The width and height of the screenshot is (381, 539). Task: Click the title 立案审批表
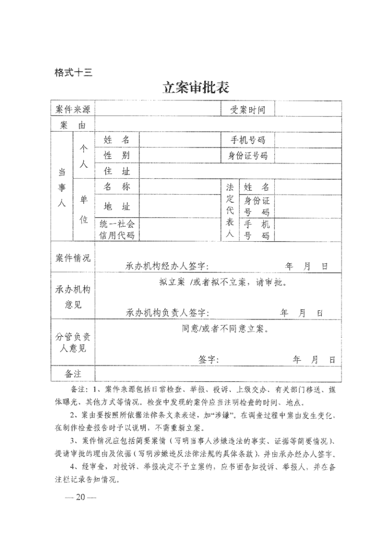(196, 88)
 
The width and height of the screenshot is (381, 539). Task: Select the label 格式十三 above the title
(73, 72)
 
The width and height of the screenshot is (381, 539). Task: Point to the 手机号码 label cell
(247, 140)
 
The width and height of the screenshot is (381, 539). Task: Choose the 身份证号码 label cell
(247, 156)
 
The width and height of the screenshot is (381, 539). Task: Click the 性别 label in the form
(116, 156)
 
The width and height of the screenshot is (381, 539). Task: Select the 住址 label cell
(116, 171)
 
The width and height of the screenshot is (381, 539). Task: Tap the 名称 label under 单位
(116, 187)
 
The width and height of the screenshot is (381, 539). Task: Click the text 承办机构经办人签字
(167, 266)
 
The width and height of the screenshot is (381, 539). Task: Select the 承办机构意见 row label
(73, 297)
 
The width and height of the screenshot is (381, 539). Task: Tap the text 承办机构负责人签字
(167, 313)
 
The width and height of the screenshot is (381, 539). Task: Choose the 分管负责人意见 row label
(73, 343)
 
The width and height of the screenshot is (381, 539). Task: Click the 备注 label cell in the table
(73, 373)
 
